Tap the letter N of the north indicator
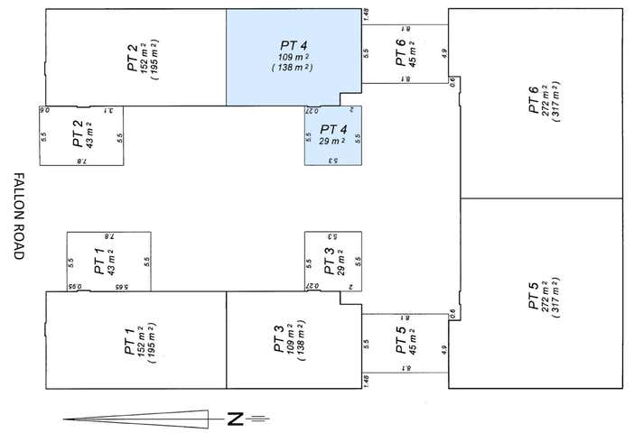(x=235, y=418)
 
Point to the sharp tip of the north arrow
(x=65, y=418)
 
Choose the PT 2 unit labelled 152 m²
(x=135, y=56)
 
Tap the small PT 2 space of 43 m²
(x=82, y=136)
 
